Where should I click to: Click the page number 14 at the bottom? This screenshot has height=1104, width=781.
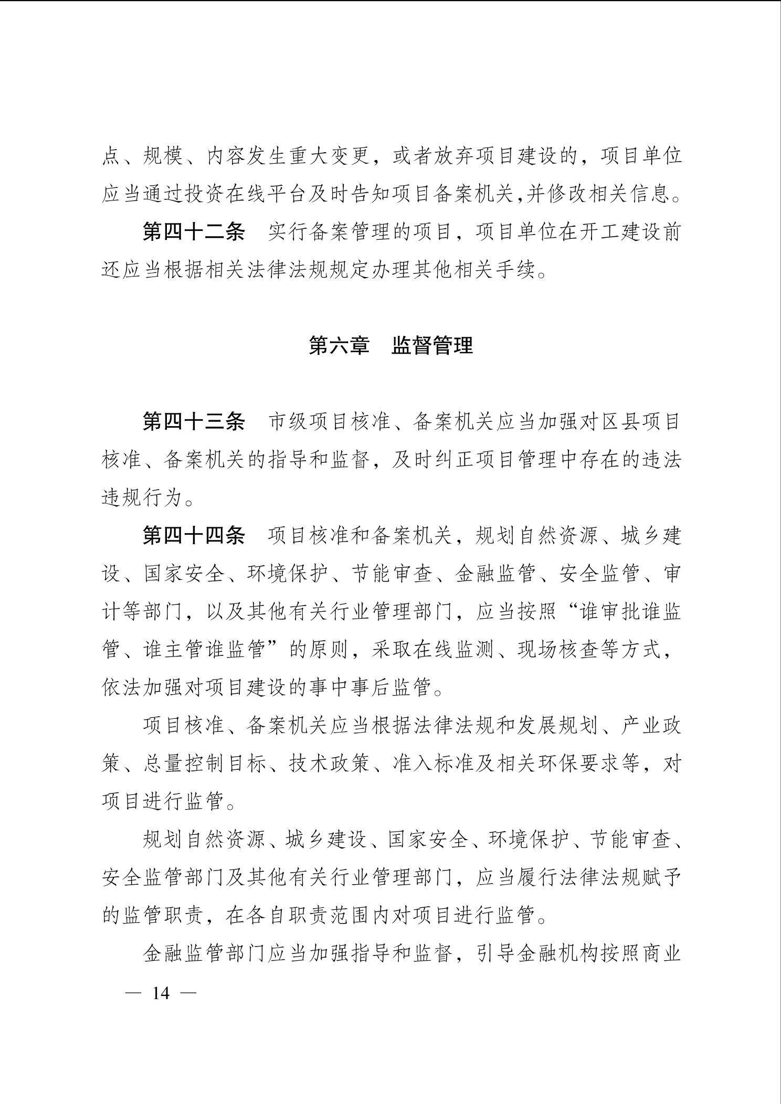[161, 993]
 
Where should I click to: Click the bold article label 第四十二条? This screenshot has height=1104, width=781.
[194, 232]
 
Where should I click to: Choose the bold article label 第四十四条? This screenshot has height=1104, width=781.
[194, 536]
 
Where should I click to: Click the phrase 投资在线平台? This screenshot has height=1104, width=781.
[246, 194]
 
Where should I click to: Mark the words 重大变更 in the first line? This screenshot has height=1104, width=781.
[329, 156]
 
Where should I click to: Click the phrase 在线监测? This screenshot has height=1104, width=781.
[452, 650]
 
